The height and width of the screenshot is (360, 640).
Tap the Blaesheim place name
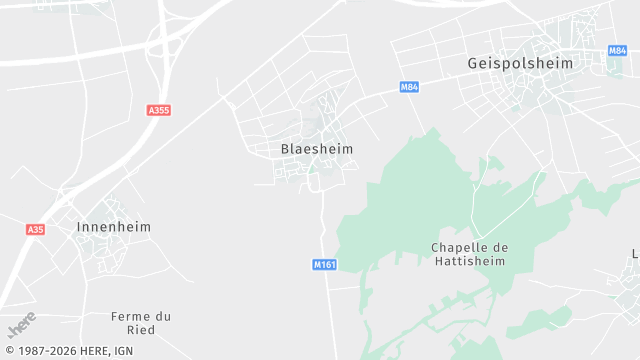tap(317, 149)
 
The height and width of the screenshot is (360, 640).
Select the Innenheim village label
tap(114, 227)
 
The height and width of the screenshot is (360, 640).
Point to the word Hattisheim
tap(469, 261)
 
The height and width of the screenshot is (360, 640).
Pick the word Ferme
tap(130, 316)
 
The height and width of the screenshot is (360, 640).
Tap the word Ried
tap(141, 330)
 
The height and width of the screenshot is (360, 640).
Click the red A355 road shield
tap(158, 110)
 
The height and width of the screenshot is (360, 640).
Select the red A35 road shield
tap(35, 229)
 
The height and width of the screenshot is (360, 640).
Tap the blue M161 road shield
tap(324, 264)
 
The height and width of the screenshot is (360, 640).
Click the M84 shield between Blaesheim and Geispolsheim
tap(408, 87)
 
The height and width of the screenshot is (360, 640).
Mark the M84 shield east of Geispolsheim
tap(617, 50)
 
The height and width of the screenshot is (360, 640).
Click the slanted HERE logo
tap(21, 324)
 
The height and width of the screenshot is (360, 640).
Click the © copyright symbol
tap(8, 352)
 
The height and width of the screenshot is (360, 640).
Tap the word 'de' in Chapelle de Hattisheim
tap(502, 247)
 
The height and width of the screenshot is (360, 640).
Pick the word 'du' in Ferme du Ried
tap(163, 316)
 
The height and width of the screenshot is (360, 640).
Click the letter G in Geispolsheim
tap(473, 62)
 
